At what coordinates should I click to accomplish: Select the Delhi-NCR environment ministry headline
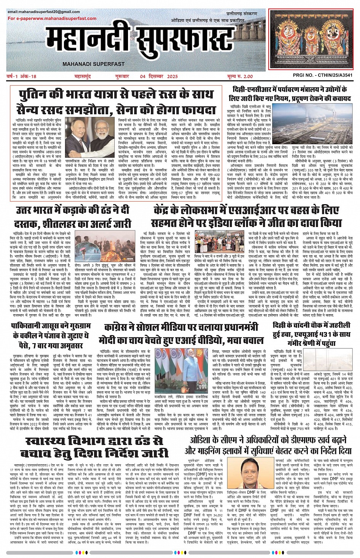pyautogui.click(x=293, y=94)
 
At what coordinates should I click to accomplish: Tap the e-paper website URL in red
pyautogui.click(x=52, y=18)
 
